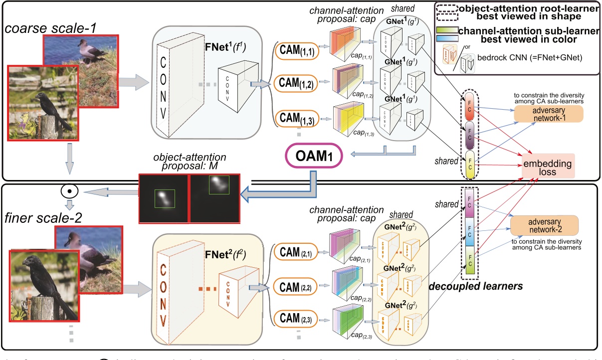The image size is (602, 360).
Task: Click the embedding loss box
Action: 546,167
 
